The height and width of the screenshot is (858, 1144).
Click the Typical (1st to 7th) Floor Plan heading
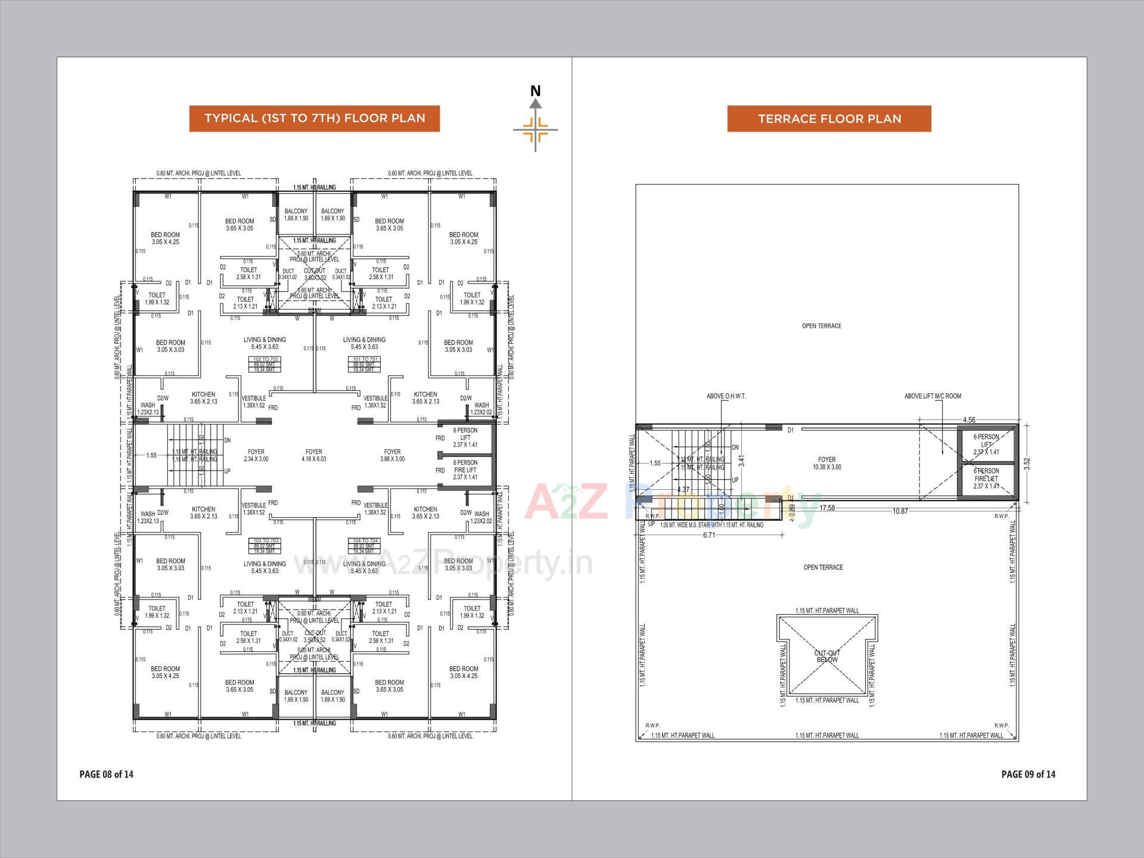click(x=315, y=118)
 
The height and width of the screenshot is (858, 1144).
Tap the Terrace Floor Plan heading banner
click(x=829, y=119)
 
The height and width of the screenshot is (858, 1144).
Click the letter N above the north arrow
click(x=535, y=91)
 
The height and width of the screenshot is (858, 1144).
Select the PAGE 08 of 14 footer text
click(x=106, y=774)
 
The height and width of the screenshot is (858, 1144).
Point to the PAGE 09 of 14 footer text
click(x=1028, y=774)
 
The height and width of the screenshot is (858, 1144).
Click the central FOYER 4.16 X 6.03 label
click(x=313, y=455)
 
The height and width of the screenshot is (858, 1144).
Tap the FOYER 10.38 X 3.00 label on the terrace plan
click(x=826, y=463)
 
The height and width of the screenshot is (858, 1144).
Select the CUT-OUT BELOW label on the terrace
click(x=826, y=656)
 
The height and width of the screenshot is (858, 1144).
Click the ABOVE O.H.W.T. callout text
click(x=726, y=396)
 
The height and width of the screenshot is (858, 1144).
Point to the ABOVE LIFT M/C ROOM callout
click(x=932, y=396)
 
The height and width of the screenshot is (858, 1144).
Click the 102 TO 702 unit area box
click(x=266, y=365)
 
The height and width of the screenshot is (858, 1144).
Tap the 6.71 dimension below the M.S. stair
click(x=708, y=535)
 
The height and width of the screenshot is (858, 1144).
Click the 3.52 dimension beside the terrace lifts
click(x=1027, y=464)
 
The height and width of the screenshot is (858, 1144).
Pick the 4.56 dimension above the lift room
click(x=969, y=420)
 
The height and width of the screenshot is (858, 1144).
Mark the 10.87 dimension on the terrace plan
click(x=900, y=511)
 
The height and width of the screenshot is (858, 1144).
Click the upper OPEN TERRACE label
click(x=821, y=326)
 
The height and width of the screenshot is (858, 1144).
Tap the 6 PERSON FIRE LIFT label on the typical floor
click(x=465, y=470)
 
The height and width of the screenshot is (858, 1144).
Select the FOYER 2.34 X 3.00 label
click(x=256, y=455)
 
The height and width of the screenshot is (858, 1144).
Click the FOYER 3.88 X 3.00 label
click(x=392, y=455)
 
